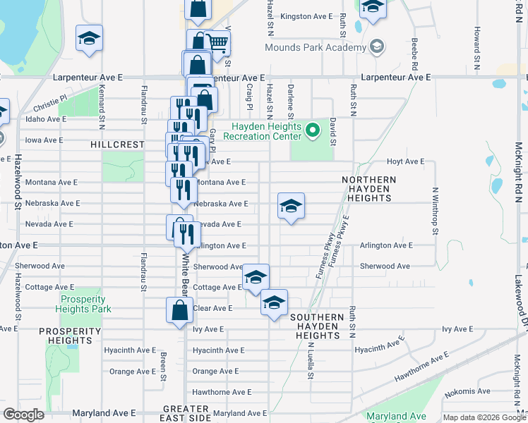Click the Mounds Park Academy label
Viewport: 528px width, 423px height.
316,48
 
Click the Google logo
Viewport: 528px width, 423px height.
24,415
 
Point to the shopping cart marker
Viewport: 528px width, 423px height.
217,44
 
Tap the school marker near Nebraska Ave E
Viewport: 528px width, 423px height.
290,207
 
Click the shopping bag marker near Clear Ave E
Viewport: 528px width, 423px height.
180,309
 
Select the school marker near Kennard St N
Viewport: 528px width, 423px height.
89,39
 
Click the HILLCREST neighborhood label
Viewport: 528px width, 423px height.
117,144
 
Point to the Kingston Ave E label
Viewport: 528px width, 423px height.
306,16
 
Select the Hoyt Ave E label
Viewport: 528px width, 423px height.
405,161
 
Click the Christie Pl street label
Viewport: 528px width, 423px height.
49,104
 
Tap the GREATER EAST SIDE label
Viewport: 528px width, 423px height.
186,413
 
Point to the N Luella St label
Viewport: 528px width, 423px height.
309,362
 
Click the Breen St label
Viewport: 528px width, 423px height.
162,366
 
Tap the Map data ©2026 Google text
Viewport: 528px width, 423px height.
484,417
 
